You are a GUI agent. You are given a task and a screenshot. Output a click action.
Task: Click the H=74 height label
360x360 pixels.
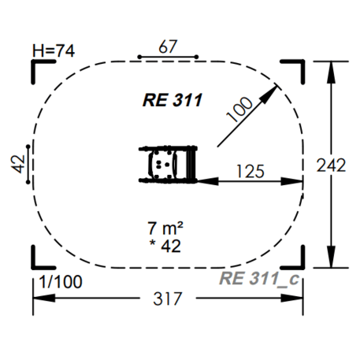click(x=54, y=50)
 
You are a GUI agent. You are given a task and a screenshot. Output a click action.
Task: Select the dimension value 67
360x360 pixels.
click(x=168, y=46)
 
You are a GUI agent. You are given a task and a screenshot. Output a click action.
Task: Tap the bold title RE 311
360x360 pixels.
click(x=173, y=100)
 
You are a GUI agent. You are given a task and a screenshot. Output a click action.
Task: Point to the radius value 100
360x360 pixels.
click(x=239, y=109)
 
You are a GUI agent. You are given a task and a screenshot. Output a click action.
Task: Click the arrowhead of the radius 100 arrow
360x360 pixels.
click(x=269, y=93)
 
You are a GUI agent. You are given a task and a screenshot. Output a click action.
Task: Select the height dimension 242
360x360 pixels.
click(x=331, y=165)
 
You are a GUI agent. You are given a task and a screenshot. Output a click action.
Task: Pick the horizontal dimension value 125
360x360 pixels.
click(x=251, y=172)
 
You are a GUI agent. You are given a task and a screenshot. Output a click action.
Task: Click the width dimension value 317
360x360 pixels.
click(x=168, y=299)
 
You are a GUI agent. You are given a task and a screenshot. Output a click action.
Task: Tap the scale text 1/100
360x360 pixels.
click(x=61, y=282)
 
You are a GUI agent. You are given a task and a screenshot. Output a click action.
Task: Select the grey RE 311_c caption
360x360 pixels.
click(x=259, y=279)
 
